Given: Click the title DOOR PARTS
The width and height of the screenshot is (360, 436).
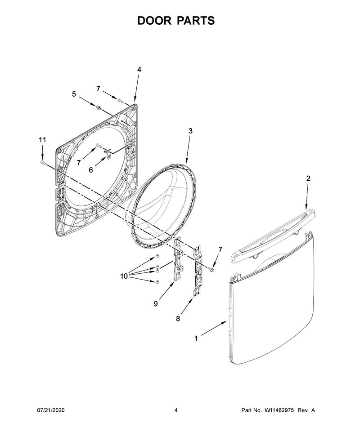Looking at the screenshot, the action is coord(176,21).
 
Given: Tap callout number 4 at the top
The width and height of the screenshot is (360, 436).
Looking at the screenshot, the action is coord(139,70).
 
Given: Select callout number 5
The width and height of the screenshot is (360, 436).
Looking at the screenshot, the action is coord(74,94).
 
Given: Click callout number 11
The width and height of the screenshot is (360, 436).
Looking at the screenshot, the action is coord(42,140).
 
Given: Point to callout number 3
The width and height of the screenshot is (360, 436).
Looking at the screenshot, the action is coord(190,131).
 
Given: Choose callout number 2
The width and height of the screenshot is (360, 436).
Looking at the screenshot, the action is coord(308,178).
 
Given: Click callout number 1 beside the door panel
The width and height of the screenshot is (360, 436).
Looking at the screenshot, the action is coord(196,338).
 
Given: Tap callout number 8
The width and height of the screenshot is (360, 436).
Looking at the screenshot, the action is coord(178,319).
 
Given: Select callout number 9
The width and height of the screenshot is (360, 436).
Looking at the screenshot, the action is coord(156,304).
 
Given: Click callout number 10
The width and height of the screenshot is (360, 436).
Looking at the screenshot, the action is coord(124,276).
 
